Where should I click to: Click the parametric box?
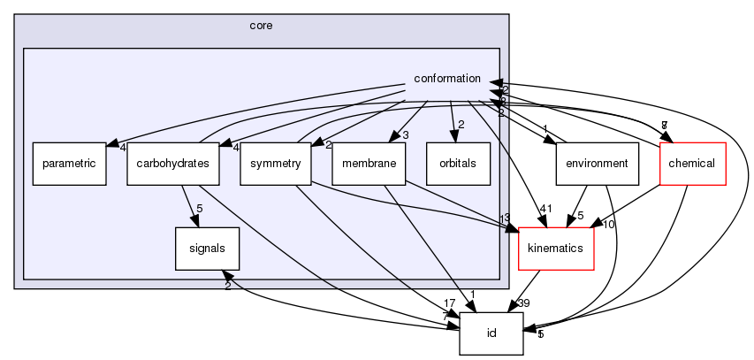70,164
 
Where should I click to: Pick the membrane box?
369,164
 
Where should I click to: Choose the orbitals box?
457,164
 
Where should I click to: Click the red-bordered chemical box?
693,164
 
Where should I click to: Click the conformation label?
447,80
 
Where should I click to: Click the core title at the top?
262,26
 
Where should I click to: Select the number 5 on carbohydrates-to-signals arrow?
201,211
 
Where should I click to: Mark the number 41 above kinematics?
545,210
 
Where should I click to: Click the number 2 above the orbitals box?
461,124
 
